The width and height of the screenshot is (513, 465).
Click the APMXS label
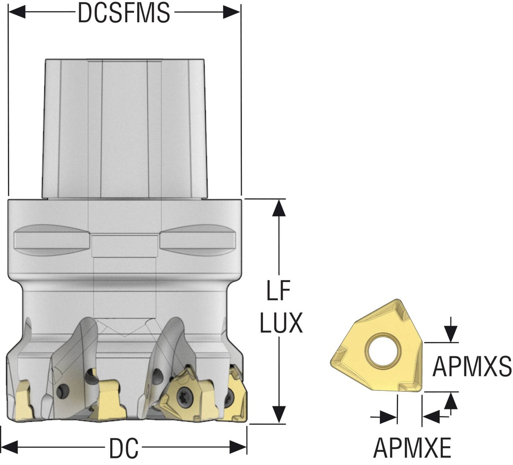[x=472, y=367]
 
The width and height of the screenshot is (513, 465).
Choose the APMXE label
[x=412, y=447]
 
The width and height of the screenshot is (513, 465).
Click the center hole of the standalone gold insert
[x=383, y=351]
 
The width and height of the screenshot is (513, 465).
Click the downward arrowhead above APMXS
[x=451, y=334]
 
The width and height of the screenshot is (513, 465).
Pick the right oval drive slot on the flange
[x=198, y=239]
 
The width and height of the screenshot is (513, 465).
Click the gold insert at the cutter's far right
[x=235, y=396]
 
